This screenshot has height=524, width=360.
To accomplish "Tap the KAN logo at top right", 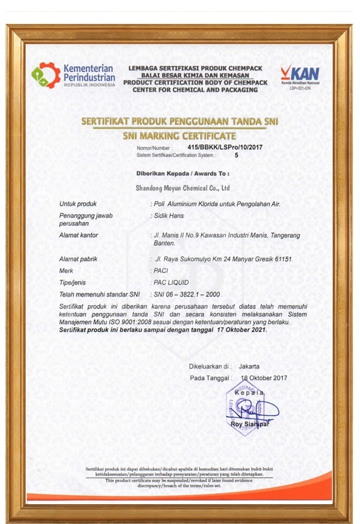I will [300, 76].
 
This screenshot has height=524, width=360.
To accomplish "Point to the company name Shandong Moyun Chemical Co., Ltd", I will [183, 188].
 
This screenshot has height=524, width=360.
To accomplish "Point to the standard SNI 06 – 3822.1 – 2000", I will [188, 294].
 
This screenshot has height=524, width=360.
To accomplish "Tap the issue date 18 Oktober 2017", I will [264, 377].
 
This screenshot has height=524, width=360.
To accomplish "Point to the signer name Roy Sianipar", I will [251, 425].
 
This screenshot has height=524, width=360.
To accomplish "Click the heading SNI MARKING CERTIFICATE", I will [179, 136].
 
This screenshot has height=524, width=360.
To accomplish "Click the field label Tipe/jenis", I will [77, 283].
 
